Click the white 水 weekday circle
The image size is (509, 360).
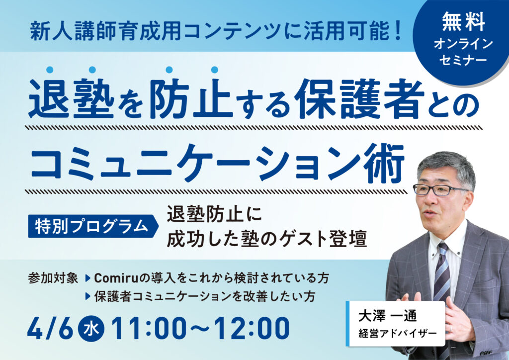click(x=91, y=329)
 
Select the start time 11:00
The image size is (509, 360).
click(x=152, y=329)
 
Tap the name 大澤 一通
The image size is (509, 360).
click(x=387, y=316)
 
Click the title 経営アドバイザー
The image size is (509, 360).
click(x=397, y=333)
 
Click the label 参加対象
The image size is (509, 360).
click(x=53, y=278)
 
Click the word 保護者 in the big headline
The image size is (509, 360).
click(x=361, y=98)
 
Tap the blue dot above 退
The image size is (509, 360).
click(x=50, y=70)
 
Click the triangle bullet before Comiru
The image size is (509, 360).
click(x=87, y=278)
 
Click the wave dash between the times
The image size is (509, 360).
click(x=203, y=329)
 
